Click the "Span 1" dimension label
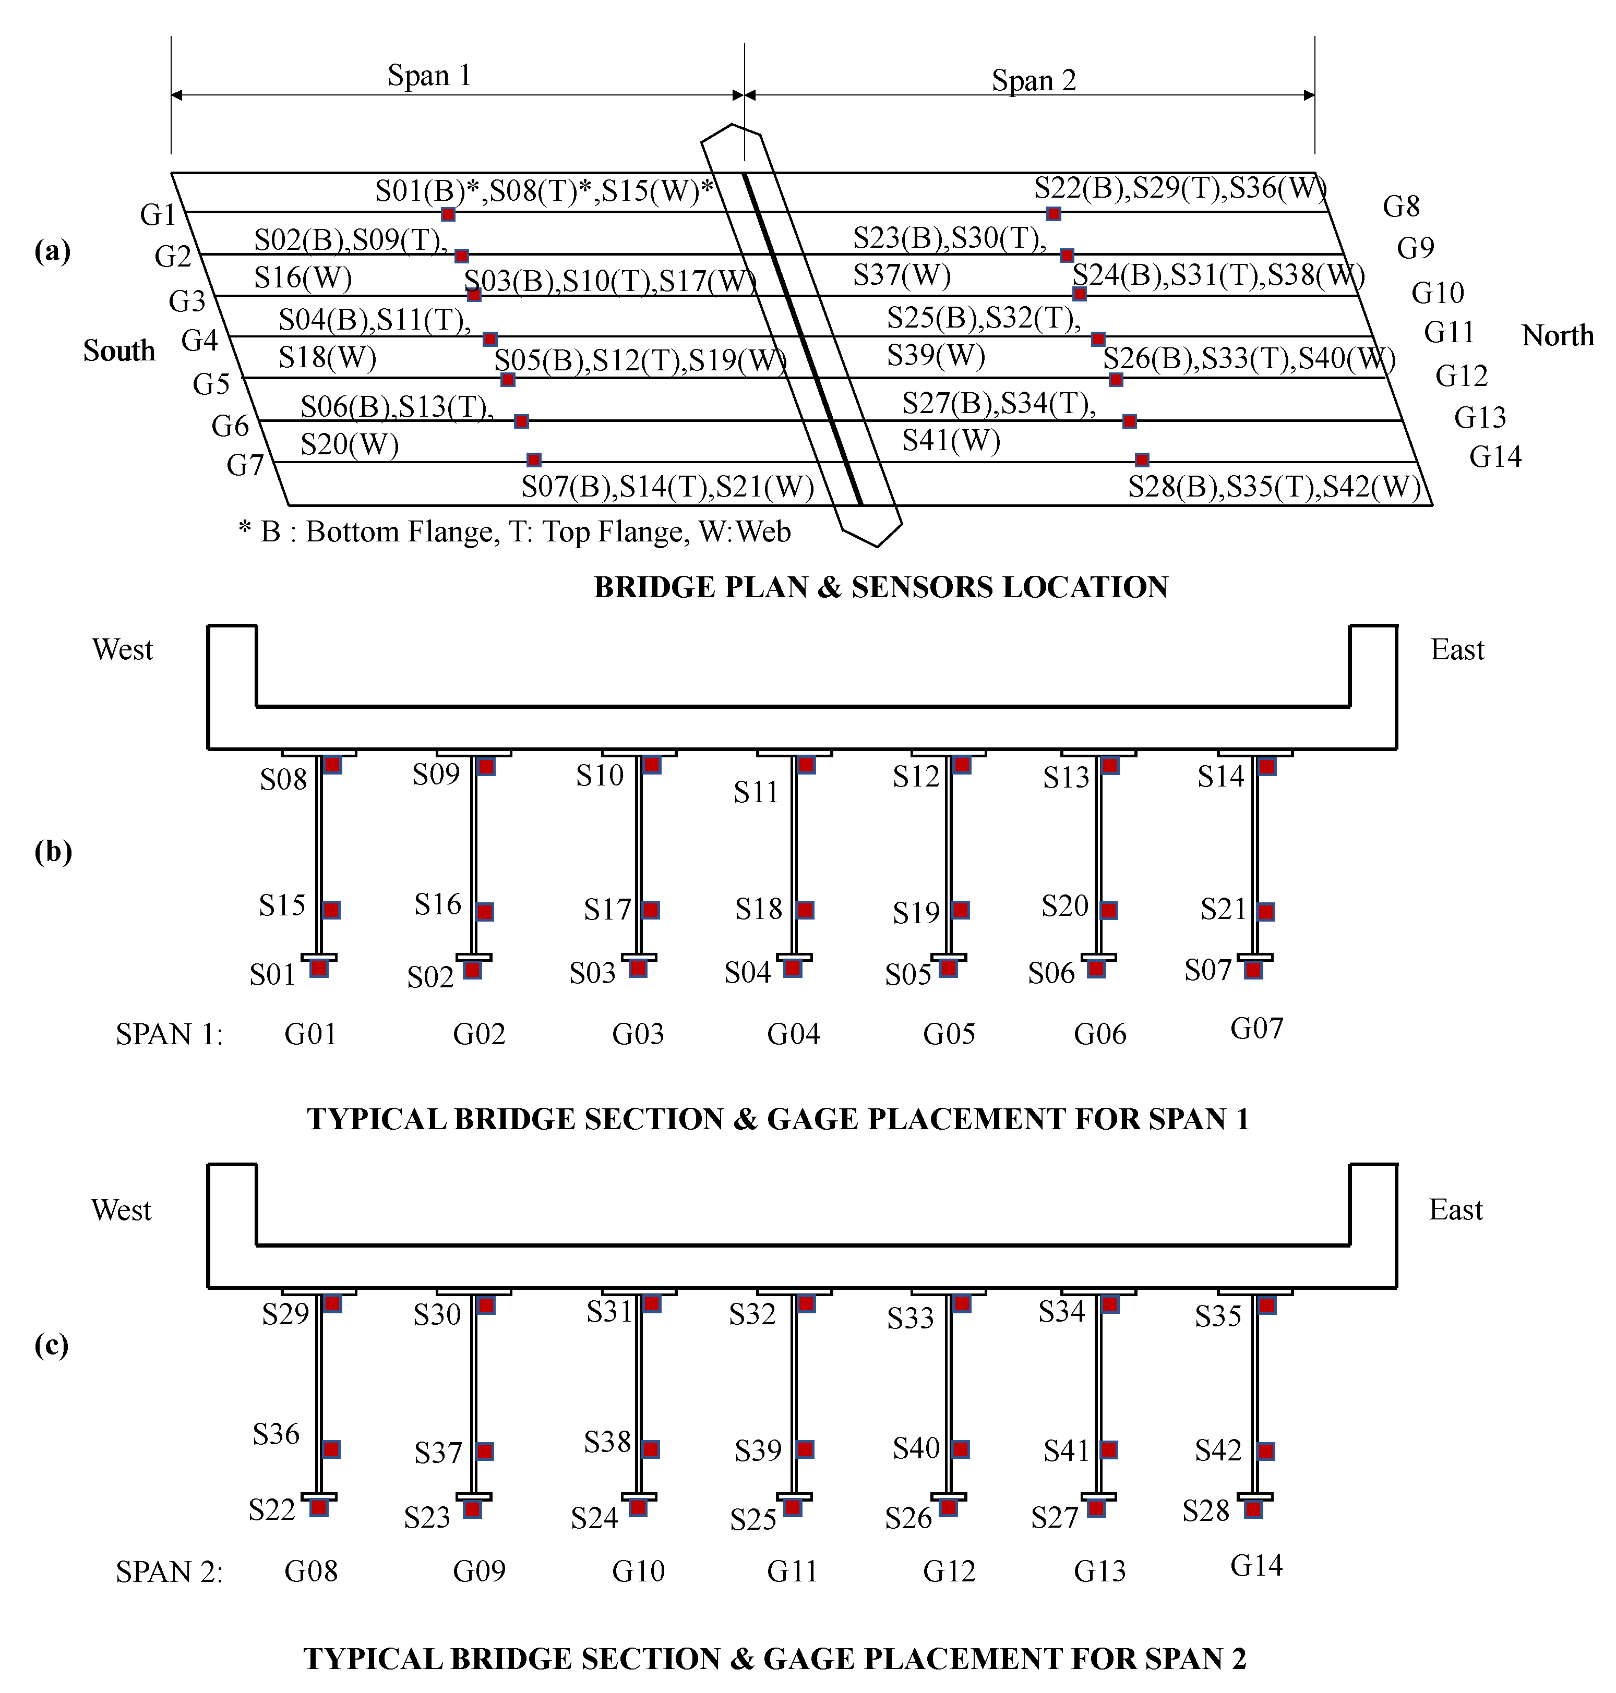coord(429,76)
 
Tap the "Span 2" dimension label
coord(1034,81)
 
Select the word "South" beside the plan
coord(119,352)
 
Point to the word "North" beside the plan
coord(1558,336)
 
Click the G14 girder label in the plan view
coord(1495,456)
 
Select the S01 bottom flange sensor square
coord(319,969)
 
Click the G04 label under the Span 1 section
coord(793,1033)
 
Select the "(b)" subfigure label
coord(53,852)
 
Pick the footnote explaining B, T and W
coord(514,532)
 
